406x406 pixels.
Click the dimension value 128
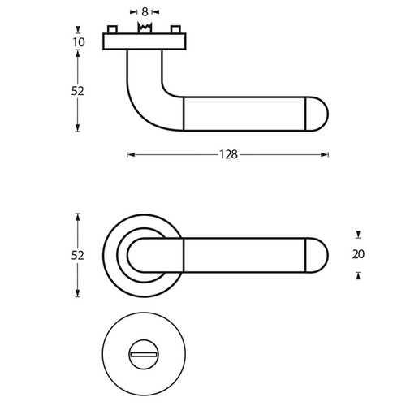[228, 154]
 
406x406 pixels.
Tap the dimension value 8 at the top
[145, 12]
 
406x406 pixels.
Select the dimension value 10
[79, 42]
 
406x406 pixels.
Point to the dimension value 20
[358, 254]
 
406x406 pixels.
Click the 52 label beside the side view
[78, 91]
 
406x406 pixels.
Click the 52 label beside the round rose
[78, 256]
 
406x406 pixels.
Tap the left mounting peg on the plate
[113, 29]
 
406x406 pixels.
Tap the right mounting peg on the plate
[175, 29]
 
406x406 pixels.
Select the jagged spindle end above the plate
[145, 28]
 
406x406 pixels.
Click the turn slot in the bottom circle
[144, 355]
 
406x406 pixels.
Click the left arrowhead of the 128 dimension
[131, 155]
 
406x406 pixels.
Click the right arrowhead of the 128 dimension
[325, 155]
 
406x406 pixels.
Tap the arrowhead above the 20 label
[358, 235]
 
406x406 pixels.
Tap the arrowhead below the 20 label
[358, 275]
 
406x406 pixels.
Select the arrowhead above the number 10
[78, 29]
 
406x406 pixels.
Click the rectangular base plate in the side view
[145, 41]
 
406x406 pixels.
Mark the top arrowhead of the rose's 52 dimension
[78, 218]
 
